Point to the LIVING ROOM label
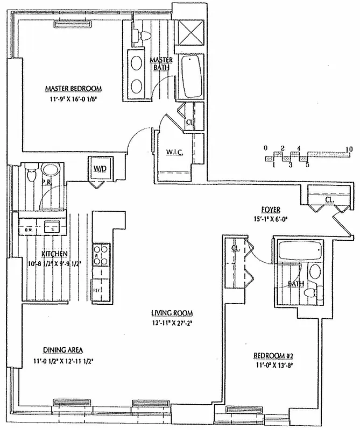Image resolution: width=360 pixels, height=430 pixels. pyautogui.click(x=172, y=313)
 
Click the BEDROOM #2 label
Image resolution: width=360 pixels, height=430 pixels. pyautogui.click(x=272, y=356)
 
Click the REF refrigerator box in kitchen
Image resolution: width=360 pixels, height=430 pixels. pyautogui.click(x=98, y=289)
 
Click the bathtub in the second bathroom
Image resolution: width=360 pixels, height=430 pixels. pyautogui.click(x=299, y=251)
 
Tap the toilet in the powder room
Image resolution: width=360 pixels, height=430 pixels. pyautogui.click(x=32, y=175)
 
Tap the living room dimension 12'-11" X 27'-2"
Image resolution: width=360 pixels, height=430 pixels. pyautogui.click(x=172, y=323)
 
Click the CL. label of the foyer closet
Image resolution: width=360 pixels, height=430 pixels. pyautogui.click(x=329, y=200)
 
